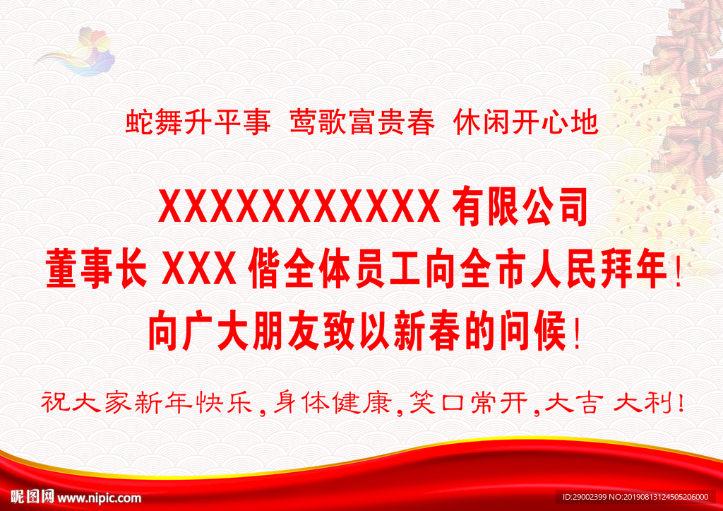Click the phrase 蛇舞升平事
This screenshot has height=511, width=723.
(x=198, y=124)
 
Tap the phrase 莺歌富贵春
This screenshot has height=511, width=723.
(x=362, y=124)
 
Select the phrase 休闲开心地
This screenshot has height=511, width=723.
(x=526, y=124)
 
